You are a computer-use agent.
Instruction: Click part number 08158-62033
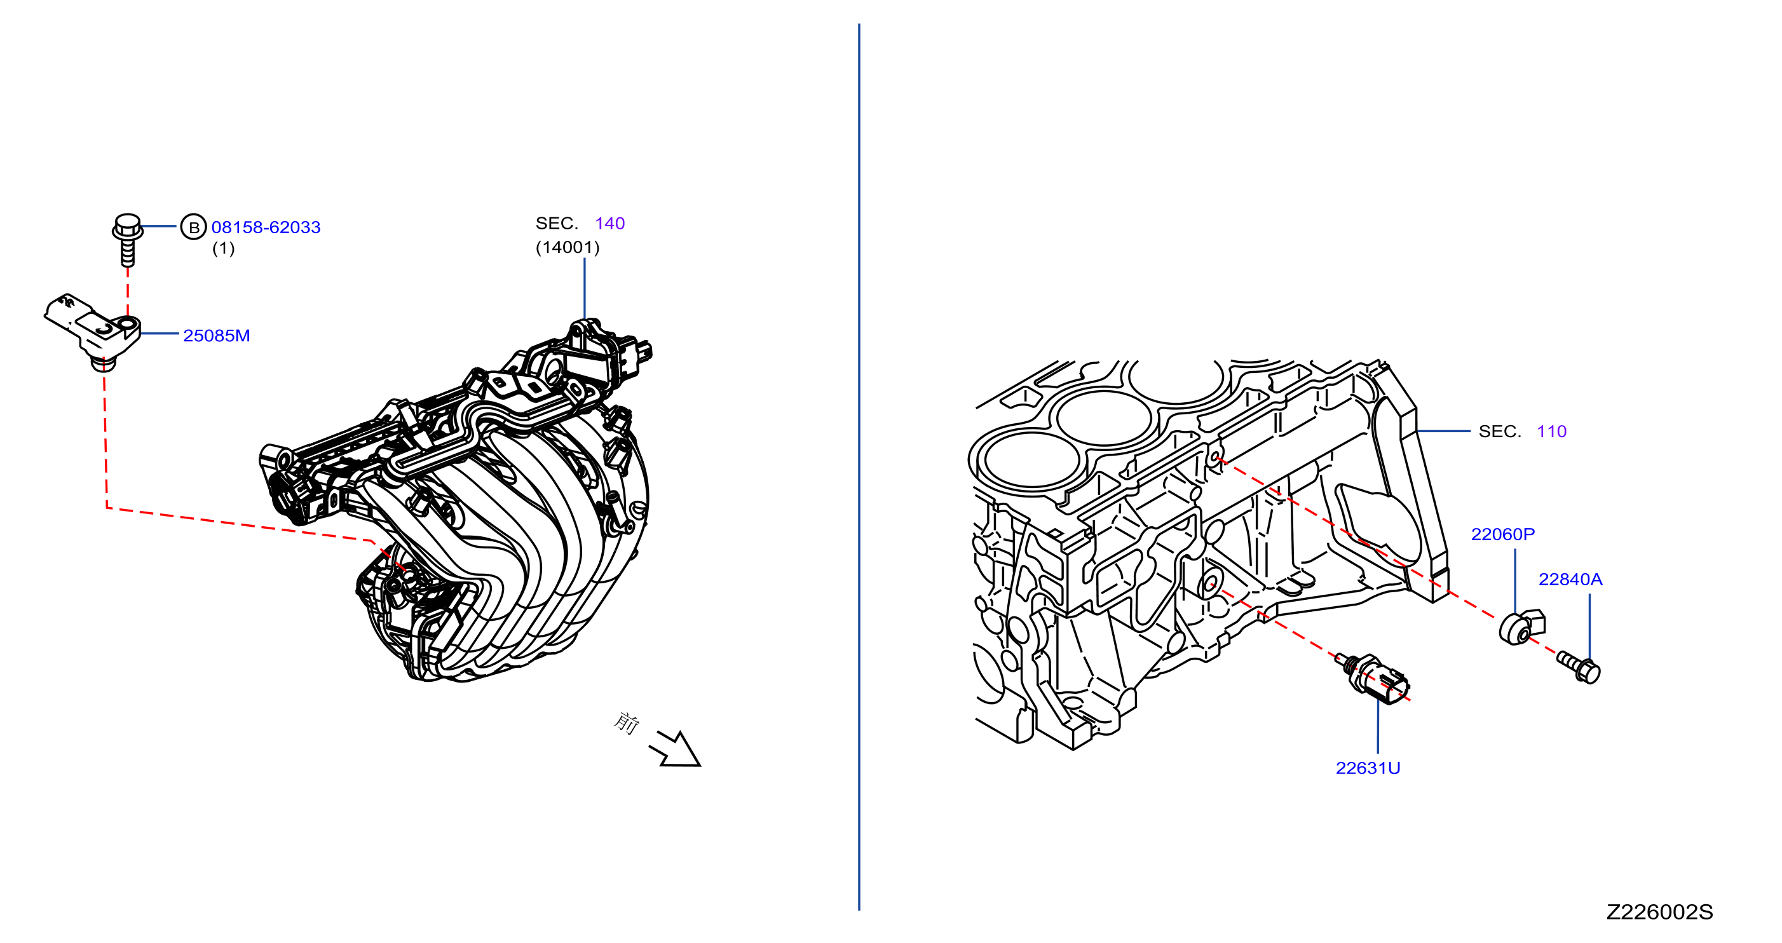[266, 227]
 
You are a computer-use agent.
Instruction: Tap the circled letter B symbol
[194, 227]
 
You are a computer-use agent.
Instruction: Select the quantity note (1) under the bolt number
[224, 248]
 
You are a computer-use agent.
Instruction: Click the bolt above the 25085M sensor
[128, 240]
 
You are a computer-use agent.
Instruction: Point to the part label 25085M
[217, 336]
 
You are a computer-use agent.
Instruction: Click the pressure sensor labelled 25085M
[93, 330]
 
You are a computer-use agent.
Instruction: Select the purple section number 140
[609, 223]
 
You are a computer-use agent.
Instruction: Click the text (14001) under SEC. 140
[568, 247]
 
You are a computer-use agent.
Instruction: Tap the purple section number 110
[1552, 431]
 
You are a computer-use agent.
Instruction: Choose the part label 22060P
[1502, 534]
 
